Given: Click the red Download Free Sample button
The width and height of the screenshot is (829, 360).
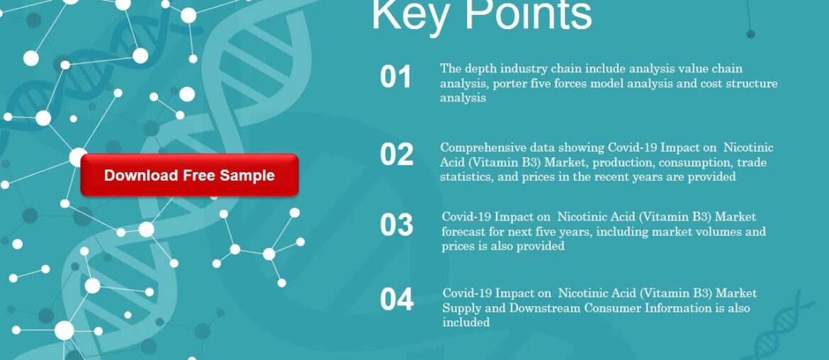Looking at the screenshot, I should [189, 175].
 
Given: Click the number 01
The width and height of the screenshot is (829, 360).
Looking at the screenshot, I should [395, 77].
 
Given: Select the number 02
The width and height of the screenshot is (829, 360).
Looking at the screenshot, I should [396, 155].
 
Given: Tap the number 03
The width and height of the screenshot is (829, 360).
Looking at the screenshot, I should [396, 225].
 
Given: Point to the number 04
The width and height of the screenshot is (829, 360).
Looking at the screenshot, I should [396, 300].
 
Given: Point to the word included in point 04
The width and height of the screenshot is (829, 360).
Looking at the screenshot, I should [466, 322].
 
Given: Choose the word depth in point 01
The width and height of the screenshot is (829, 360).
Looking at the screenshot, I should [480, 69].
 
